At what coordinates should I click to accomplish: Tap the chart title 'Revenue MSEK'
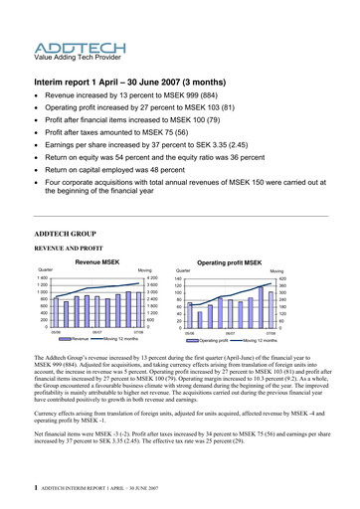(96, 260)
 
